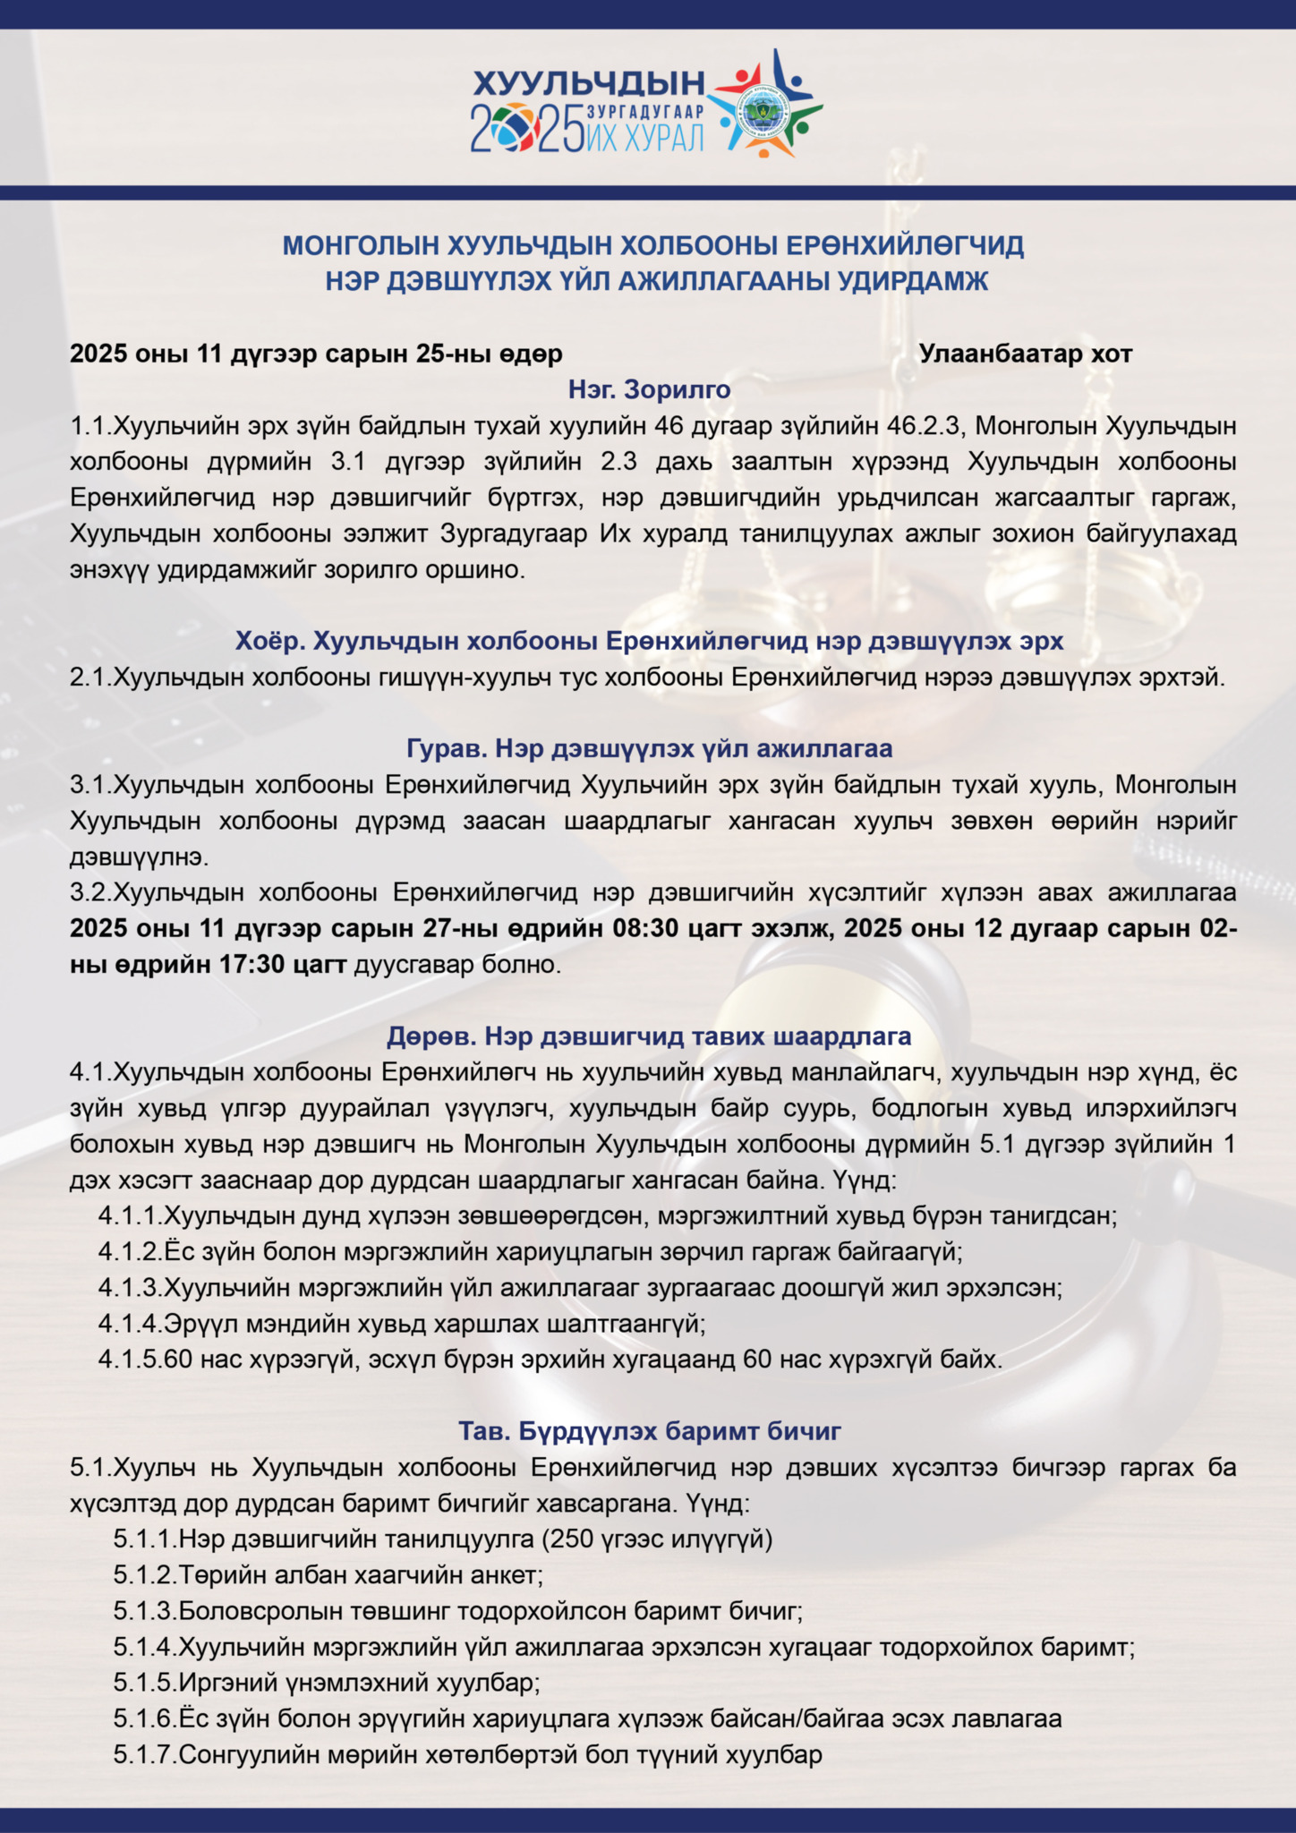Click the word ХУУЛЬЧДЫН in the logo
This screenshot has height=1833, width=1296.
coord(588,83)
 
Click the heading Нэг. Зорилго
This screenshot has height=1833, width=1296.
coord(649,389)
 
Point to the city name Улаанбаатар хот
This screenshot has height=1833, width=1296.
coord(1025,354)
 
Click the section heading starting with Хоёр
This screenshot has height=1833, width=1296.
coord(649,641)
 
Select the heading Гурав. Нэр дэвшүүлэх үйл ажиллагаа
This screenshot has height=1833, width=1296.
coord(649,748)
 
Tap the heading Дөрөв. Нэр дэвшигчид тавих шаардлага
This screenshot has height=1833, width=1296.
coord(649,1036)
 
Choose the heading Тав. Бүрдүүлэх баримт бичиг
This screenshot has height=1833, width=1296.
coord(649,1431)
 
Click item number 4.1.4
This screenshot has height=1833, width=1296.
coord(130,1324)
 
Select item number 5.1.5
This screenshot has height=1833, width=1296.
coord(145,1684)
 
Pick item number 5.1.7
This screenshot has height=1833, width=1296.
coord(145,1755)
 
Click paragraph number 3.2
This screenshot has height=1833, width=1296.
coord(90,893)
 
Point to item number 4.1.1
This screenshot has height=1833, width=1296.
coord(130,1216)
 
